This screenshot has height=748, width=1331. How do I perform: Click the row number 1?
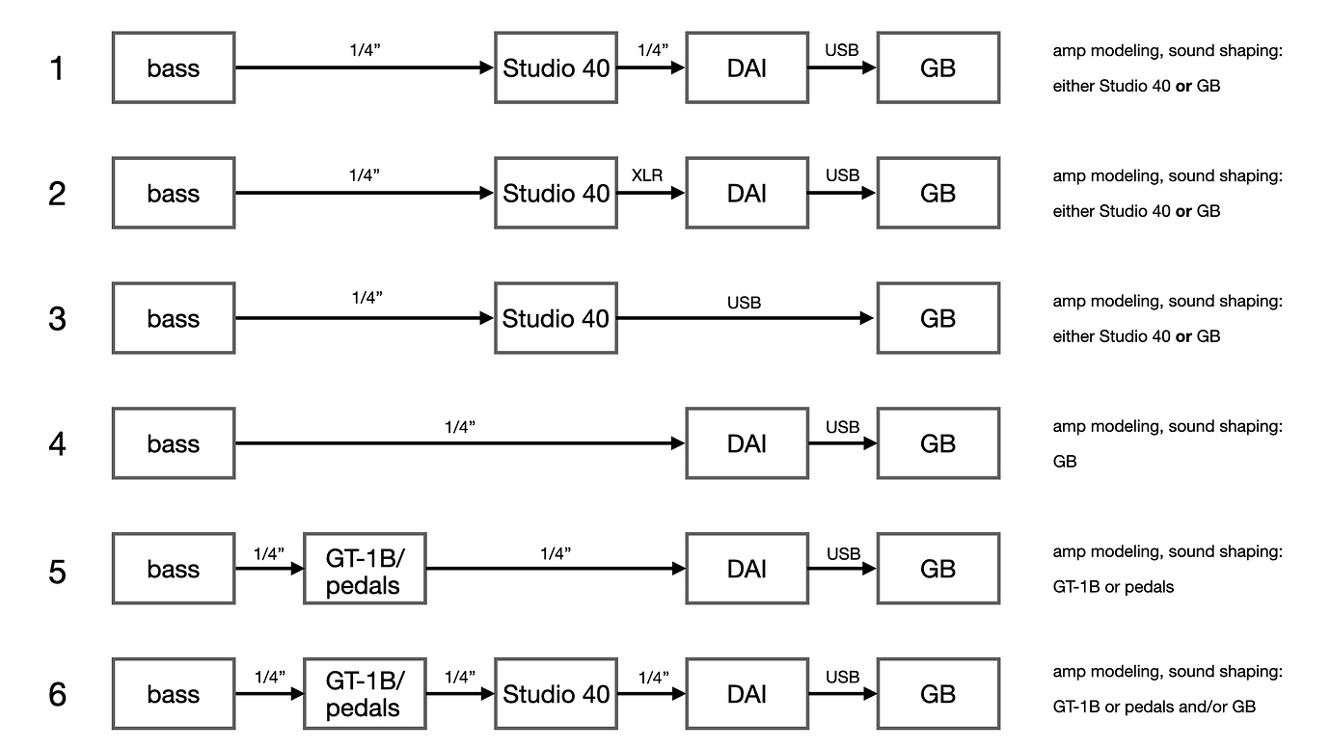coord(58,68)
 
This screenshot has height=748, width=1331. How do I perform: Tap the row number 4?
coord(58,444)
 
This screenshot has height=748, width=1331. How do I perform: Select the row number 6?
coord(58,695)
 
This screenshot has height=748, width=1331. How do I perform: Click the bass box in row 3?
coord(174,318)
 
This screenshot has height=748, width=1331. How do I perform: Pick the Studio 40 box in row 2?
coord(556,193)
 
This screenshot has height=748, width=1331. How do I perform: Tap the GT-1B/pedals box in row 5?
coord(364,569)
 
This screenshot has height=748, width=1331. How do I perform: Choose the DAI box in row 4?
coord(747,443)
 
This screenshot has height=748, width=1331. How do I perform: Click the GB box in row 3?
coord(937,318)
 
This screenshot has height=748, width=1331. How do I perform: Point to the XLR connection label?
coord(647,175)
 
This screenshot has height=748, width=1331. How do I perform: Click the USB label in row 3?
coord(744,303)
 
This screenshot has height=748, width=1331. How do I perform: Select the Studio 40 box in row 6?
coord(556,694)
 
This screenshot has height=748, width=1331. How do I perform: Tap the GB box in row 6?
coord(937,694)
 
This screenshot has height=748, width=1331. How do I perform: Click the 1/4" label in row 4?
coord(460,427)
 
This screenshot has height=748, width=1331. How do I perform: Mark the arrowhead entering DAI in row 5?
coord(677,569)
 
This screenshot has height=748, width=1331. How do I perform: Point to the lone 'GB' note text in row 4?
coord(1065,462)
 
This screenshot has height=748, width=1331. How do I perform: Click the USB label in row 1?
coord(842,50)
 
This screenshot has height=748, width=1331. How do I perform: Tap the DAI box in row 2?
coord(747,193)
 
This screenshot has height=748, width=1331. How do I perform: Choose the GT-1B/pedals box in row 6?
coord(364,694)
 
